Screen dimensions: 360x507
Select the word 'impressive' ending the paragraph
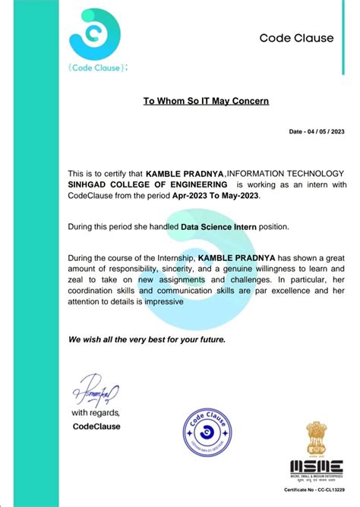161,301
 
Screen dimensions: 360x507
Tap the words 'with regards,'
96,413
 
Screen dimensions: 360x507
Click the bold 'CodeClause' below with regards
96,427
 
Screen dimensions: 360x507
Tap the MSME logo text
314,465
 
